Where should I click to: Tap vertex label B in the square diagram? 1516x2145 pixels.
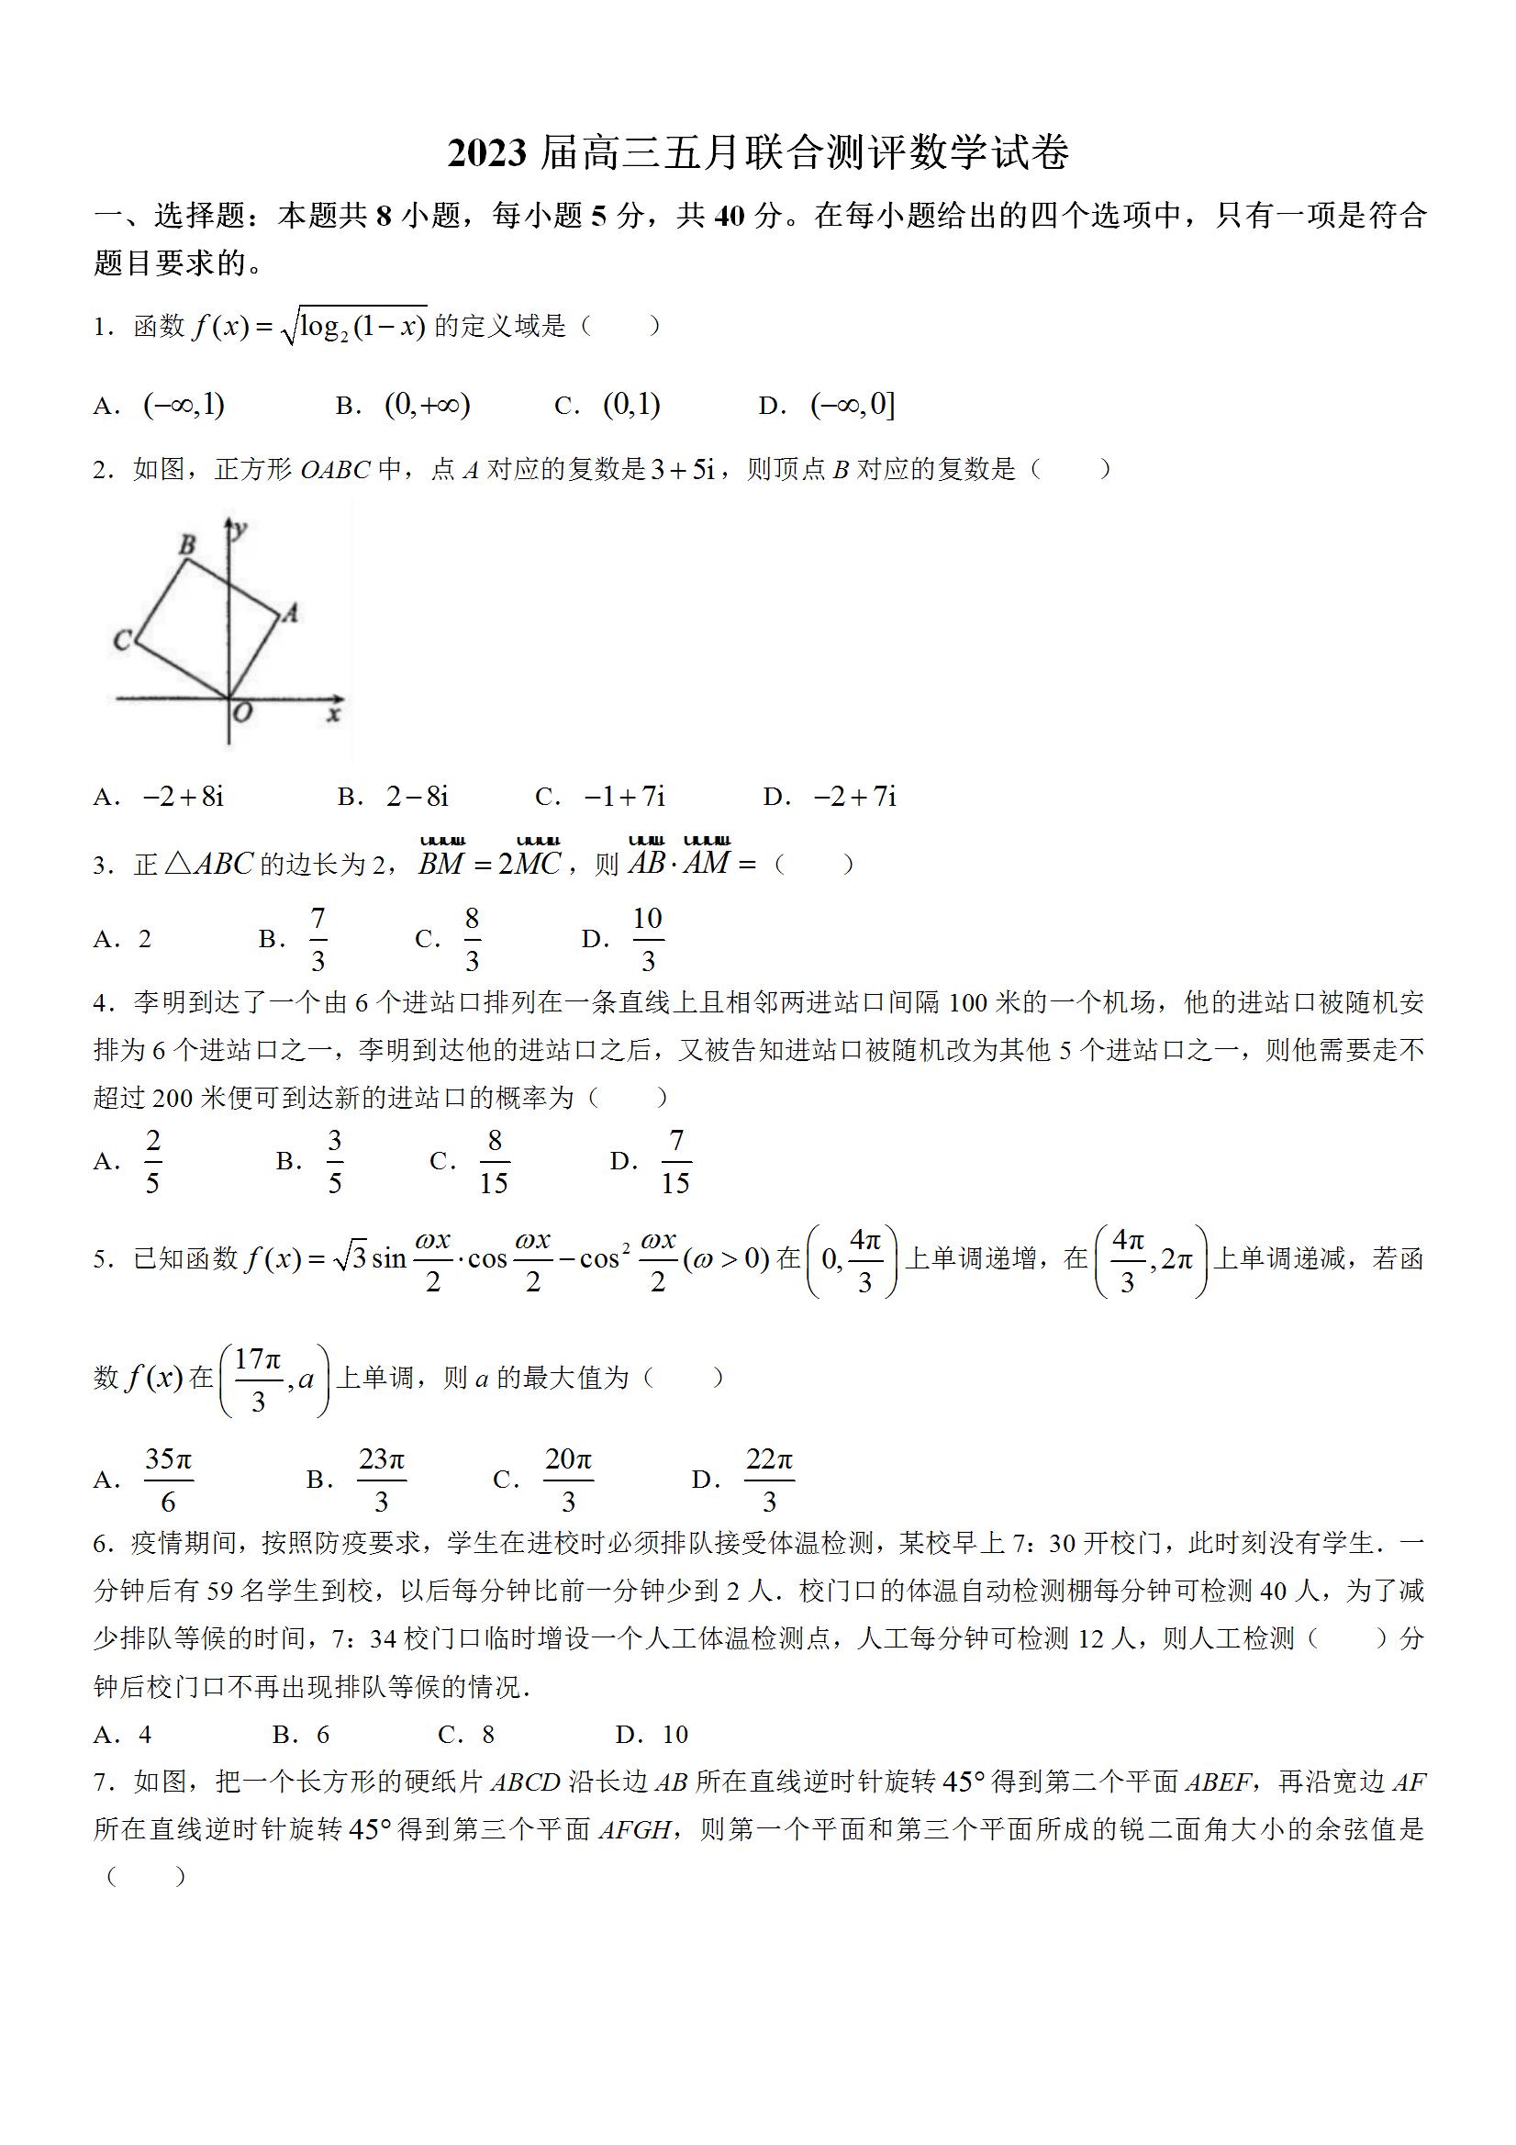188,544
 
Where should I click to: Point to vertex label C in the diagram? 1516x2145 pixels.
122,640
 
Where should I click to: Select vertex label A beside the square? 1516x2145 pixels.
291,613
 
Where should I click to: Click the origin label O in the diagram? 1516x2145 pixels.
243,713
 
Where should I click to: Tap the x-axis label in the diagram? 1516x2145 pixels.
333,715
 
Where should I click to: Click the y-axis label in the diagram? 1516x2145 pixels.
240,530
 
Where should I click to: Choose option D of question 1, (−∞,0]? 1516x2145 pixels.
853,405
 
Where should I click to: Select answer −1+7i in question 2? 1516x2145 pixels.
624,796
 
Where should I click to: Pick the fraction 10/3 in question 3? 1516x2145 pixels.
647,939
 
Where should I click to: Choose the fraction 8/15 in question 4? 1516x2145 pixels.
493,1161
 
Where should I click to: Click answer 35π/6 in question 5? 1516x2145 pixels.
168,1480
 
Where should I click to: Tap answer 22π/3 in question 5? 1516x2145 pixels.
769,1480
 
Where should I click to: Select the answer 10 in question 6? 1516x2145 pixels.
674,1735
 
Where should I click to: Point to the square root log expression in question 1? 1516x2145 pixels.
353,326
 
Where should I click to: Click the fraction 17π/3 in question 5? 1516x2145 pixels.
259,1380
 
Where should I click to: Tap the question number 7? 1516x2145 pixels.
103,1782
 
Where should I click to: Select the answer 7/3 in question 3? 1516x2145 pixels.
318,939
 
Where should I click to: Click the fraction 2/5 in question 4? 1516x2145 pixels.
153,1161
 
